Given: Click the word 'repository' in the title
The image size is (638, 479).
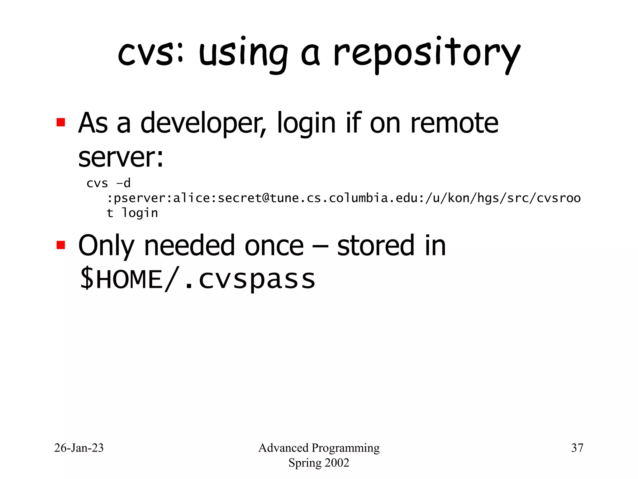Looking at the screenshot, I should click(427, 55).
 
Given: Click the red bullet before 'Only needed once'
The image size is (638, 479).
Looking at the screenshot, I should click(61, 245).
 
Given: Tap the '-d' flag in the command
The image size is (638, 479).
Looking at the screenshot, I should click(123, 183).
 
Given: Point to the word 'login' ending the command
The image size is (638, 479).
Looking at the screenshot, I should click(140, 213).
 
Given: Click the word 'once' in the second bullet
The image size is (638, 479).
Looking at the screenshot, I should click(274, 246).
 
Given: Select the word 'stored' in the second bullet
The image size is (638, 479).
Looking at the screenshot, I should click(375, 246).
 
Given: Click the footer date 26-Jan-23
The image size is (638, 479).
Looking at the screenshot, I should click(79, 448).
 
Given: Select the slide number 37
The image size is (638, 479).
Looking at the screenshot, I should click(577, 448).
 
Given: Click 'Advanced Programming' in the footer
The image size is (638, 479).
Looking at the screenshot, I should click(319, 448).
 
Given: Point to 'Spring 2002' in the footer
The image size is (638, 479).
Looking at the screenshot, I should click(319, 463).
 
